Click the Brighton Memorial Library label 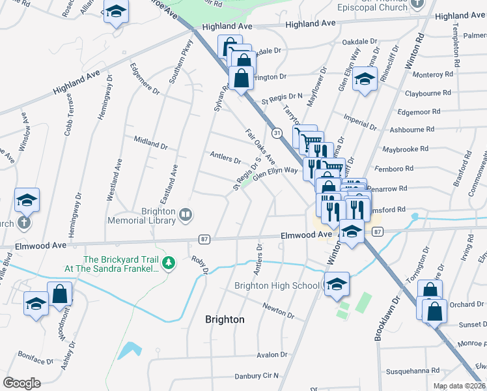(159, 216)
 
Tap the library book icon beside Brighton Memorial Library (186, 214)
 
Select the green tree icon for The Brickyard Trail (169, 263)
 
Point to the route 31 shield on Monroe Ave (277, 133)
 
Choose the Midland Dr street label (150, 141)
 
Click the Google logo (22, 383)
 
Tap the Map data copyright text (459, 386)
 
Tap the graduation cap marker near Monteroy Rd (365, 81)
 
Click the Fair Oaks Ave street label (260, 147)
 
